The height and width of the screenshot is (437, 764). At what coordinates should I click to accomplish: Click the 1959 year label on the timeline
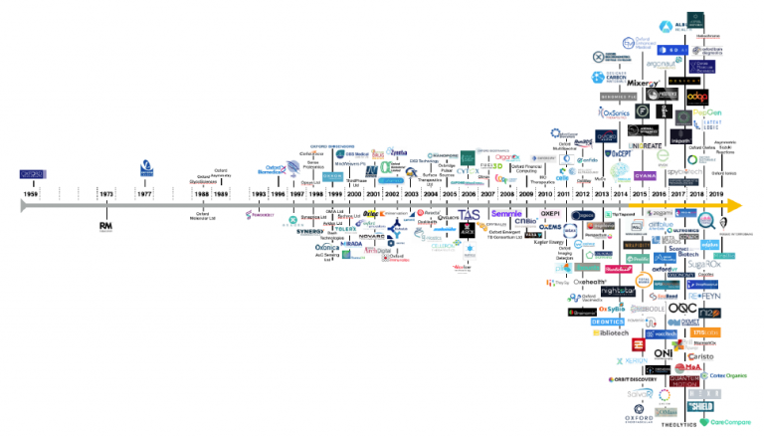pos(32,194)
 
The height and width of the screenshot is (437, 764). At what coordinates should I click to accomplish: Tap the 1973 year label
pos(105,194)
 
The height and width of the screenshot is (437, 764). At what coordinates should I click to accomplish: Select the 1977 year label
pos(145,194)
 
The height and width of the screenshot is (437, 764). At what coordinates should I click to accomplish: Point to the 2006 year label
pos(469,194)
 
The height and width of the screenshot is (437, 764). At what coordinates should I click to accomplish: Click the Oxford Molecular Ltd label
pos(203,215)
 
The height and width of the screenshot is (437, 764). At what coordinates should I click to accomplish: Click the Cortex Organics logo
pos(729,375)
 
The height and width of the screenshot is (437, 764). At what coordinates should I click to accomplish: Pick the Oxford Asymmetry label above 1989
pos(221,171)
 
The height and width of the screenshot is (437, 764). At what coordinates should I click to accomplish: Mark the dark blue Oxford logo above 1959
pos(32,174)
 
